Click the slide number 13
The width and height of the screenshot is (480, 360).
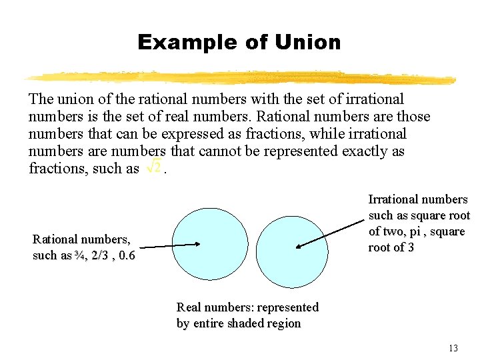[453, 348]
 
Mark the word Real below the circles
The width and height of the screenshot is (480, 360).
[190, 307]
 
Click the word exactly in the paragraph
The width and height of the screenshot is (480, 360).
[363, 151]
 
